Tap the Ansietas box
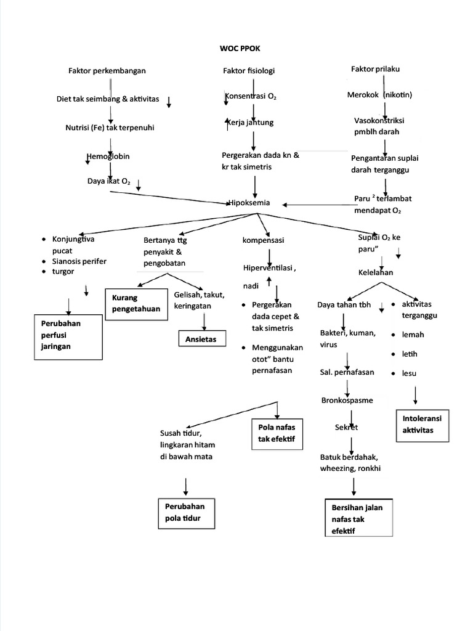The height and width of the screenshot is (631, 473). [201, 339]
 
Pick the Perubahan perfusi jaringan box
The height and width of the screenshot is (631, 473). [67, 335]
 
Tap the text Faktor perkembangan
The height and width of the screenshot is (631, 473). [107, 71]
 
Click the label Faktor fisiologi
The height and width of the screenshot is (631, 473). [248, 71]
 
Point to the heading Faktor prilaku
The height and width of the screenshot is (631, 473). [375, 69]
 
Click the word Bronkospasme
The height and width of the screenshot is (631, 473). [347, 400]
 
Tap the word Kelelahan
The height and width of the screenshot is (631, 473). [376, 272]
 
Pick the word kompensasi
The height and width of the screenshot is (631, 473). [263, 239]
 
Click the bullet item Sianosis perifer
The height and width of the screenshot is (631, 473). [79, 261]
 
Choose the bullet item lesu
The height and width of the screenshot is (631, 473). [409, 373]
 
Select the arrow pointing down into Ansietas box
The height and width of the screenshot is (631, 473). [203, 321]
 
